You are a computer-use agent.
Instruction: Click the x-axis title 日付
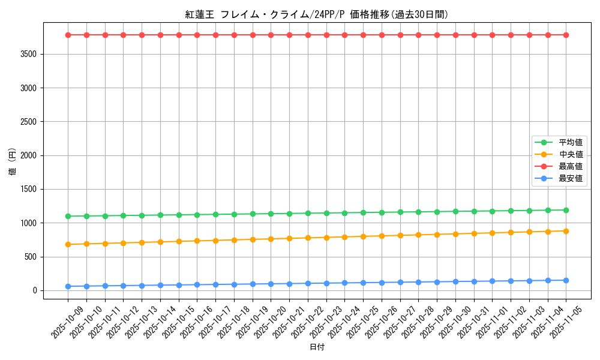(x=317, y=347)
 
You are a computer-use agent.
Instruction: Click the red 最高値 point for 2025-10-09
(x=68, y=35)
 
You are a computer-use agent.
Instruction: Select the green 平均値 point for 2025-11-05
(x=566, y=210)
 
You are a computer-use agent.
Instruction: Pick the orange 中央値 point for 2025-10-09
(x=68, y=244)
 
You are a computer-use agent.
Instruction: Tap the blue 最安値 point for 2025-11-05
(x=566, y=280)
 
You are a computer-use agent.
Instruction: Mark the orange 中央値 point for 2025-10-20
(x=271, y=239)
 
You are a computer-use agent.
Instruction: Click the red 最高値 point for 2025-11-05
(x=566, y=35)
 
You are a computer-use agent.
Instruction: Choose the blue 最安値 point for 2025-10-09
(x=68, y=286)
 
